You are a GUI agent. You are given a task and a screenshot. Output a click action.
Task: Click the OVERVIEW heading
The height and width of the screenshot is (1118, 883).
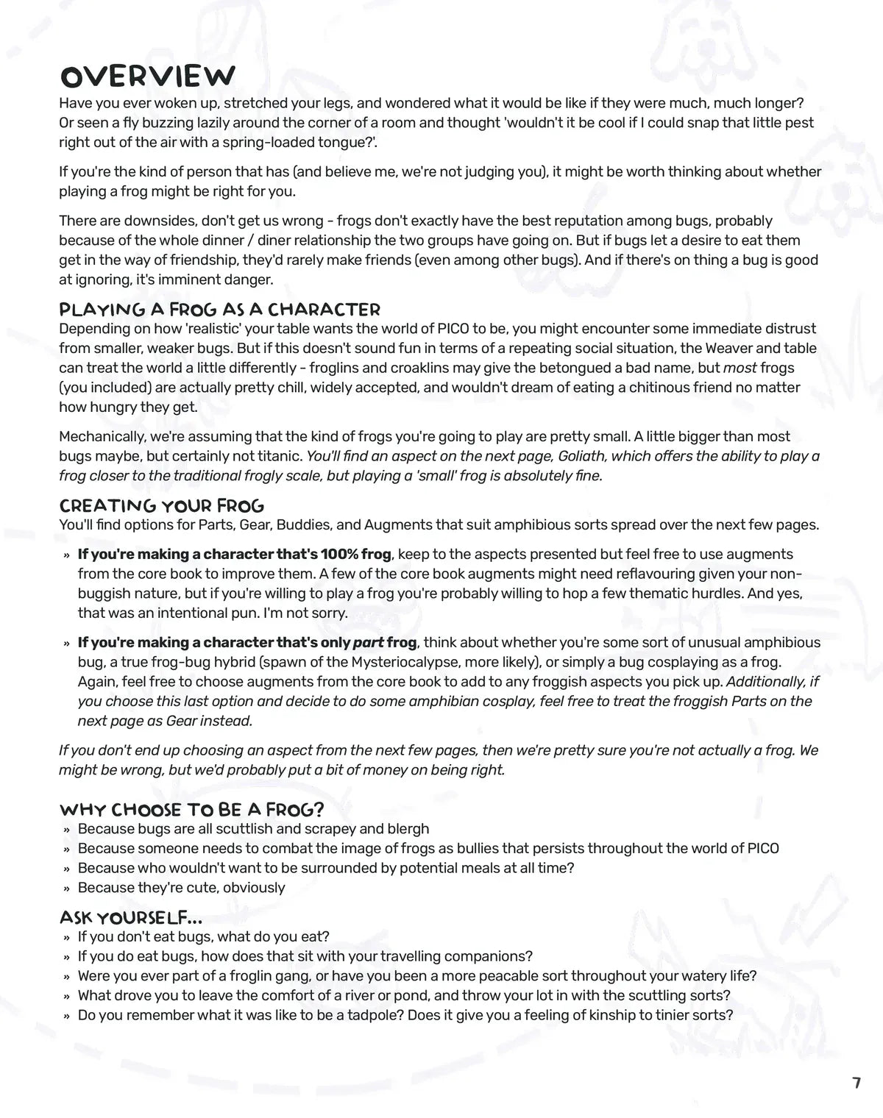(147, 76)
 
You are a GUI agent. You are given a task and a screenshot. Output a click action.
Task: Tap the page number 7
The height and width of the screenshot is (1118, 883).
(856, 1083)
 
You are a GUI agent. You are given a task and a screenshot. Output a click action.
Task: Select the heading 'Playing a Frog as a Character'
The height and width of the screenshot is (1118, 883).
(219, 309)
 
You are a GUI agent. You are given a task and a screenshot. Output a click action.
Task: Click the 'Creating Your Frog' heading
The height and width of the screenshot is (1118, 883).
(161, 505)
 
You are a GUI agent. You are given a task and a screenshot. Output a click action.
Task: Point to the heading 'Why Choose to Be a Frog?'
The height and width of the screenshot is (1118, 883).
(191, 810)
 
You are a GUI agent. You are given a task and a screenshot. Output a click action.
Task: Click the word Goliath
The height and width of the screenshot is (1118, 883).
(581, 456)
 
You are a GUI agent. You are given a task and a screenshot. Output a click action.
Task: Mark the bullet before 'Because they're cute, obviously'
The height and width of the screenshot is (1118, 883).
(66, 888)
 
